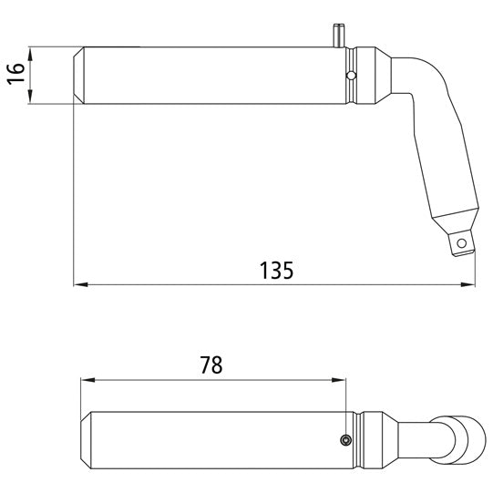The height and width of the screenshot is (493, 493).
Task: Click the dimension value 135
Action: pyautogui.click(x=275, y=270)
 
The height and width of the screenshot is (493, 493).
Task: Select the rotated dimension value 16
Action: pyautogui.click(x=15, y=74)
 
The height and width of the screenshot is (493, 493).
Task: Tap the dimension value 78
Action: pyautogui.click(x=211, y=365)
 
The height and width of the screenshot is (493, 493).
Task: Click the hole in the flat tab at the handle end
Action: pyautogui.click(x=463, y=242)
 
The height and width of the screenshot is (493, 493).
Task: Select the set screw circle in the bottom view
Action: pyautogui.click(x=344, y=440)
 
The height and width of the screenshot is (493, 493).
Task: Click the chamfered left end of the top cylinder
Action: pyautogui.click(x=78, y=74)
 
